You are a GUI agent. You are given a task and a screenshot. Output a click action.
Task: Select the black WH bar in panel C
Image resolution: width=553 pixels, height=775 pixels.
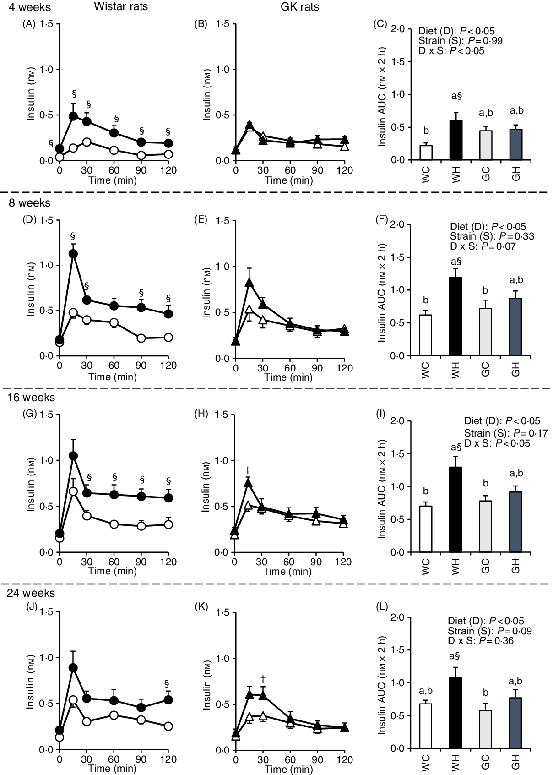tap(455, 140)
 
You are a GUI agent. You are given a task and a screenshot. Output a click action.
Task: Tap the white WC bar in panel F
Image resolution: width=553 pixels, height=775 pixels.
tap(426, 335)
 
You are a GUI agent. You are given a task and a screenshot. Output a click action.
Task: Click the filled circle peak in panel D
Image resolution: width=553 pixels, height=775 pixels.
tap(73, 253)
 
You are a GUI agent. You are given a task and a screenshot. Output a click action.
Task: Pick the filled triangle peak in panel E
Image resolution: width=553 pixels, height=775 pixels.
tap(249, 283)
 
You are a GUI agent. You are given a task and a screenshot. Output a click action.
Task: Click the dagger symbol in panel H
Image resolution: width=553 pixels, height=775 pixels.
tap(248, 469)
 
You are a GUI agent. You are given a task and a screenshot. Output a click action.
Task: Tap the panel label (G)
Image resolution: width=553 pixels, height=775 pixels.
tap(29, 415)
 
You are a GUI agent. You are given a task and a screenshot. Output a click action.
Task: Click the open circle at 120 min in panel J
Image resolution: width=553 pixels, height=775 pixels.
tap(168, 726)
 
